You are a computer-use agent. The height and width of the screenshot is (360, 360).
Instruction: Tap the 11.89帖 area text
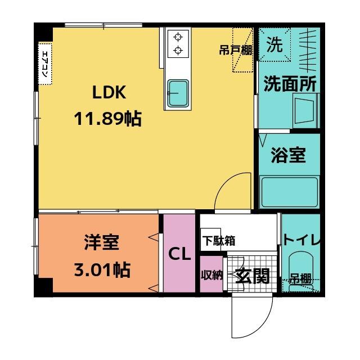point(107,119)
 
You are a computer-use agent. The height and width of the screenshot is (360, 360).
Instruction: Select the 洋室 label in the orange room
point(102,244)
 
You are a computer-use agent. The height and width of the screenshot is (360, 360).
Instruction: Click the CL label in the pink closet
point(180,254)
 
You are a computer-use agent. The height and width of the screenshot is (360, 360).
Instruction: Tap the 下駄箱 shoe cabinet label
point(219,241)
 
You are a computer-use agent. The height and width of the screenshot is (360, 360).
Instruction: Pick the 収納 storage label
point(212,275)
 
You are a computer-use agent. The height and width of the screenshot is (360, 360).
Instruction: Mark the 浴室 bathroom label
point(288,156)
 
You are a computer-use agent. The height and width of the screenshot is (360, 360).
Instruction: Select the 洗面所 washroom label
point(290,84)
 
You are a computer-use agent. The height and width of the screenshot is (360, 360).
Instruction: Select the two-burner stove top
point(178,44)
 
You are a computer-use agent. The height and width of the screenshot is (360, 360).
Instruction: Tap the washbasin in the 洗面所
point(305,112)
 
